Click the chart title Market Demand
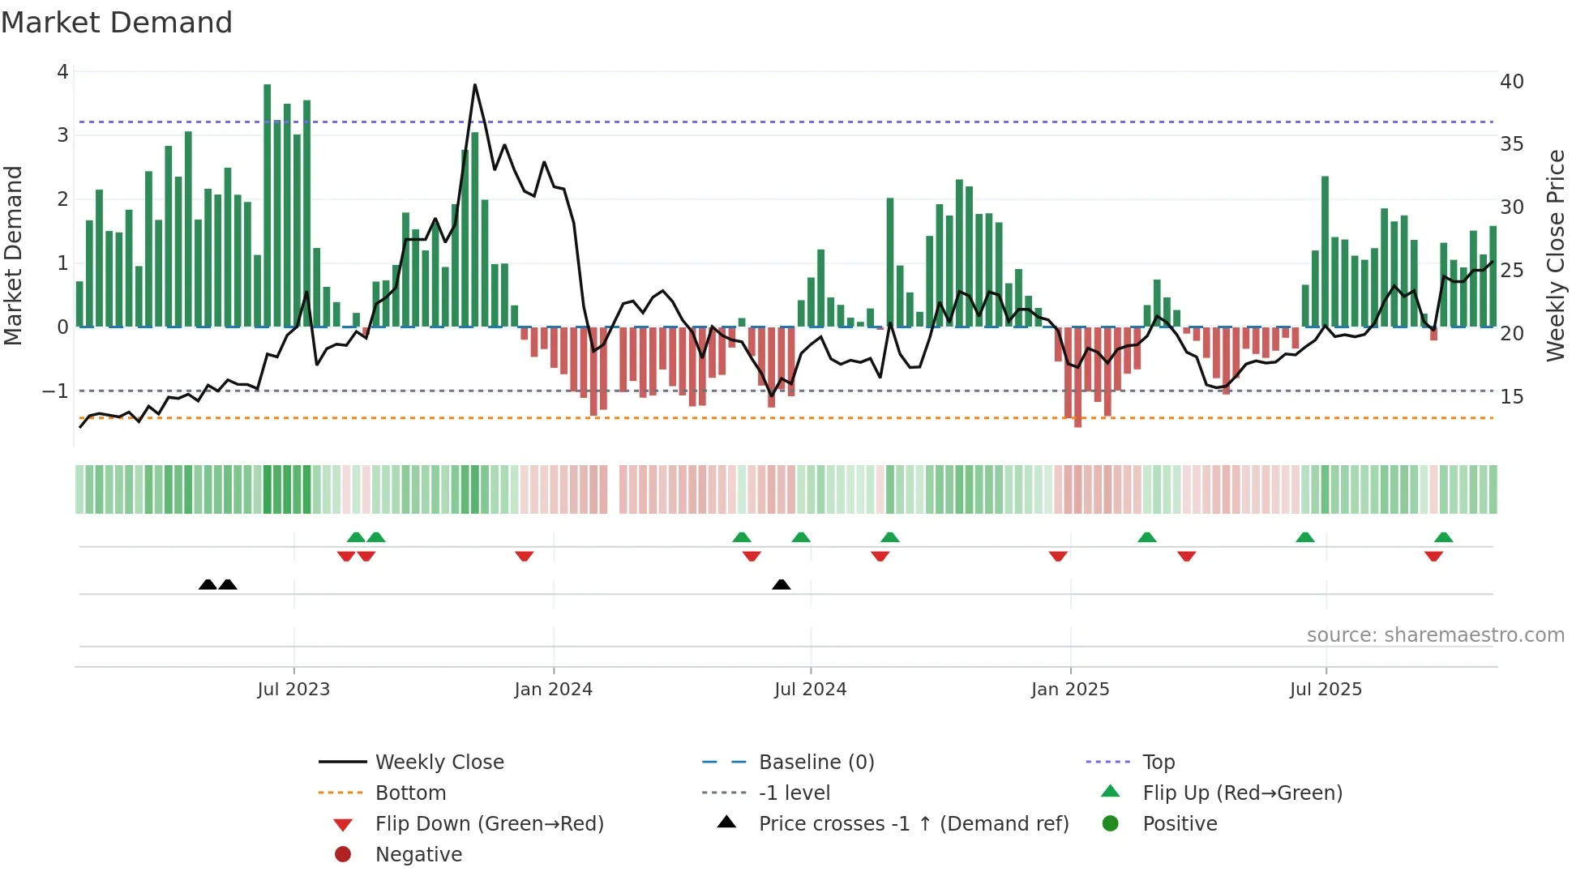117,23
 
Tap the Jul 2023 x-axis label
293,690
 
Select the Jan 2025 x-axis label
1070,690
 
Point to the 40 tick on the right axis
1511,82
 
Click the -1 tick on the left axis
55,391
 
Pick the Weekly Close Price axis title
1555,255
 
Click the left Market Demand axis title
14,255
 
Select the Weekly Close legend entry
439,763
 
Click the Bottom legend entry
410,793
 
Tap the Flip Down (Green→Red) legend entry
489,824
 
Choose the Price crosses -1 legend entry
913,824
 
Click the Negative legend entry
418,855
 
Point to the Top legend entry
1158,763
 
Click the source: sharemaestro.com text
1435,635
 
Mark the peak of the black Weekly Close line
474,85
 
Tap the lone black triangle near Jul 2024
781,585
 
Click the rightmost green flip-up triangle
1443,537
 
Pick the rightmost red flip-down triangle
1433,557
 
